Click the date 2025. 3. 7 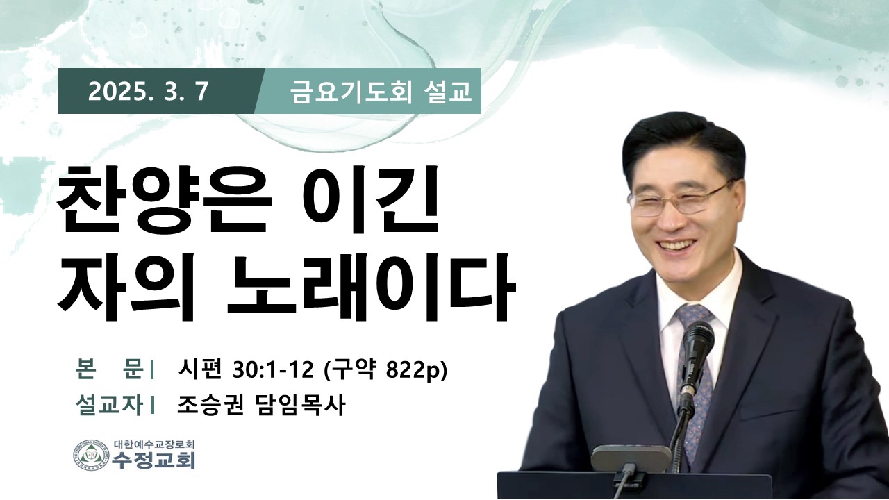click(148, 92)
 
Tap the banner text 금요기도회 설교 click(381, 92)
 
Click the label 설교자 click(109, 406)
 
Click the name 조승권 click(210, 406)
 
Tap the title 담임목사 click(299, 406)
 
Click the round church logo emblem click(91, 455)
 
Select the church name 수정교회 click(153, 460)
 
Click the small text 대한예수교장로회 click(154, 443)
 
